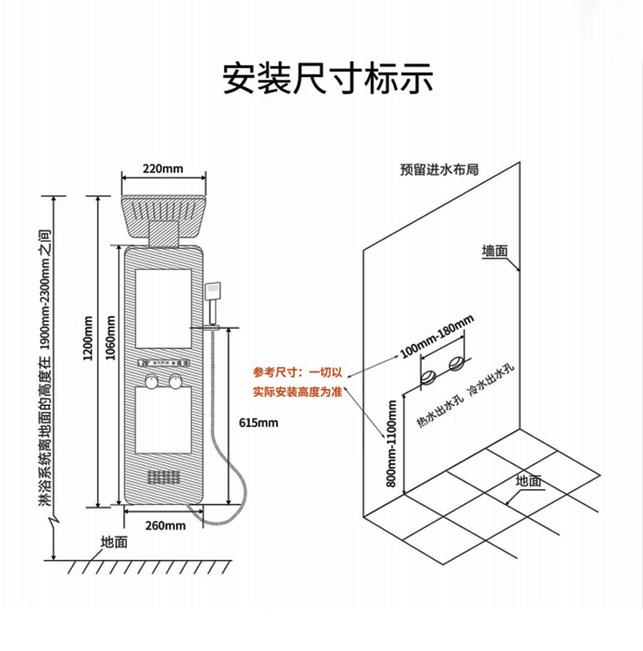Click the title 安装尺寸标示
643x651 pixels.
tap(328, 79)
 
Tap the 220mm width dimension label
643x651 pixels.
tap(163, 169)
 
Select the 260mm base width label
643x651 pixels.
tap(165, 525)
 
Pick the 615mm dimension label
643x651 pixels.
tap(259, 422)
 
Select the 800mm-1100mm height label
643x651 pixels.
tap(391, 443)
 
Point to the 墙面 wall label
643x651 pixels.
tap(495, 251)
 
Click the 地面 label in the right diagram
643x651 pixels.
tap(528, 481)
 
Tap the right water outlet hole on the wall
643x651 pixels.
tap(457, 363)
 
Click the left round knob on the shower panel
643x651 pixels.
tap(150, 382)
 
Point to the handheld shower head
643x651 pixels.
tap(214, 290)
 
